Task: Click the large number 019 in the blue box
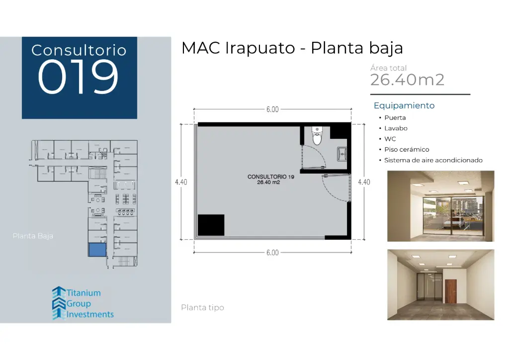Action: [x=79, y=78]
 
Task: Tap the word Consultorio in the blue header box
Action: [x=79, y=50]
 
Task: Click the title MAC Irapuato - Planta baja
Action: [x=292, y=48]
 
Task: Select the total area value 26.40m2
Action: [x=407, y=80]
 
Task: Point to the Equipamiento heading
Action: [x=404, y=105]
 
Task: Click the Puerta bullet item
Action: [x=395, y=118]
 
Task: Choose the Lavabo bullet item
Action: [x=396, y=128]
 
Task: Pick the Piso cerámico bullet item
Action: [x=406, y=150]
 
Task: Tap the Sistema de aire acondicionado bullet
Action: [x=433, y=160]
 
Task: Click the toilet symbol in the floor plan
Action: [x=317, y=136]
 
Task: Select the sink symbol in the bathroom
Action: [x=342, y=154]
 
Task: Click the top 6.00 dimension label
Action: [x=272, y=109]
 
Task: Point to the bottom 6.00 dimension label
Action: [x=272, y=253]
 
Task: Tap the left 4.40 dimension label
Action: [x=181, y=182]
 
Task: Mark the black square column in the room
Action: [x=211, y=225]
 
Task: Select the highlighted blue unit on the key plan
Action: [x=97, y=250]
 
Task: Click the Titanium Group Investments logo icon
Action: [x=59, y=303]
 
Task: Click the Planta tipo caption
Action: [x=202, y=308]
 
